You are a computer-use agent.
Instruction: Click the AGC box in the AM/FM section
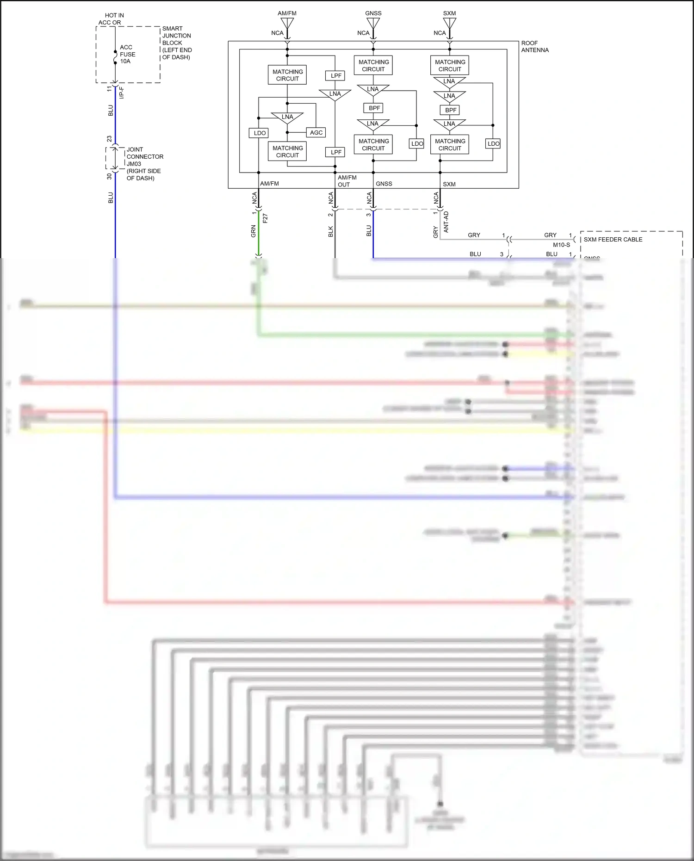[316, 133]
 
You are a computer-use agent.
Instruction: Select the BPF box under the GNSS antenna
[374, 108]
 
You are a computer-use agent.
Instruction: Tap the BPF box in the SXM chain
[450, 110]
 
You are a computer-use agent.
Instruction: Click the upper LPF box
[336, 76]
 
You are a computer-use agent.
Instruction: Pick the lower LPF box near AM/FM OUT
[336, 152]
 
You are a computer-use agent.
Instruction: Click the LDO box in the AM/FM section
[259, 133]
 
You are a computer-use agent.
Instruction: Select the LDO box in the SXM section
[493, 144]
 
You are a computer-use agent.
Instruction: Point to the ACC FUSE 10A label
[127, 54]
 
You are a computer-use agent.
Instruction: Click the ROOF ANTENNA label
[534, 47]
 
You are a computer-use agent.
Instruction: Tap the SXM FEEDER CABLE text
[613, 240]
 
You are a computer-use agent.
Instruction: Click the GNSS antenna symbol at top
[373, 23]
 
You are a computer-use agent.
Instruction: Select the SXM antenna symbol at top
[449, 23]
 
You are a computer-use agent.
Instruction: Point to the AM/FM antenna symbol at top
[287, 23]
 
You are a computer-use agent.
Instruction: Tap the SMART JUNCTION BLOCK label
[176, 43]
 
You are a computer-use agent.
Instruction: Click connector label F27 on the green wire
[265, 218]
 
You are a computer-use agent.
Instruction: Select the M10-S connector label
[561, 245]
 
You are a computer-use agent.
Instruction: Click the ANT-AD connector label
[446, 222]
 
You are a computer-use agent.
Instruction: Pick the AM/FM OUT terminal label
[347, 181]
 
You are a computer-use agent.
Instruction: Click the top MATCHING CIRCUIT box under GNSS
[373, 66]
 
